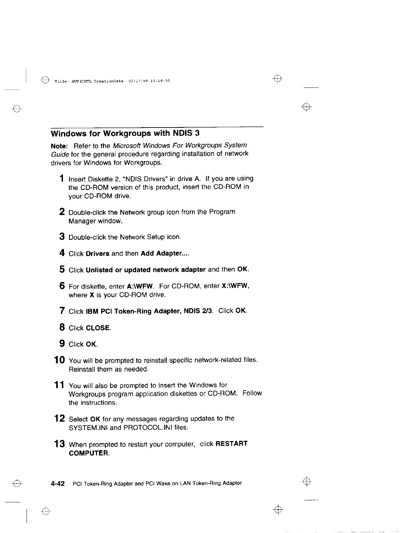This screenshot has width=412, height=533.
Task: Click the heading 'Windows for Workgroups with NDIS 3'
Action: click(x=125, y=134)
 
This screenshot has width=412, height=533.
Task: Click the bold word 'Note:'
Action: click(x=60, y=146)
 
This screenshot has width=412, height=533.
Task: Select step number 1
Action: click(x=62, y=178)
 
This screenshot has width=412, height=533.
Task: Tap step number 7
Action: click(x=62, y=311)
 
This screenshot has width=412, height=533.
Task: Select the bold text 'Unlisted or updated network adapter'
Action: click(x=146, y=270)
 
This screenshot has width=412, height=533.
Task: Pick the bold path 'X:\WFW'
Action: click(x=235, y=286)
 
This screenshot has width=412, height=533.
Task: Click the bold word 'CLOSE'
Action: click(x=98, y=328)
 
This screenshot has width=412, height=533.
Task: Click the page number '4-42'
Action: click(x=58, y=484)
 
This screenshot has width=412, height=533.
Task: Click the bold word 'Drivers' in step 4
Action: click(x=98, y=254)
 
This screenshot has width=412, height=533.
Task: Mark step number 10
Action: click(x=60, y=360)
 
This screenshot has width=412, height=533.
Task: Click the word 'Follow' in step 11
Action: click(x=252, y=393)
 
